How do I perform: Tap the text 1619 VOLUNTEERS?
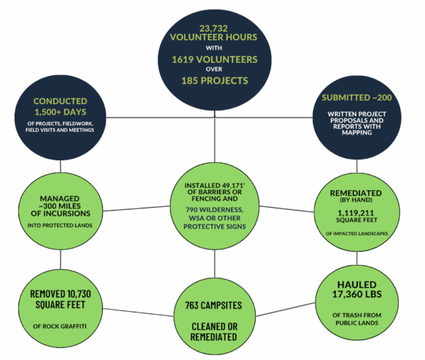pyautogui.click(x=212, y=60)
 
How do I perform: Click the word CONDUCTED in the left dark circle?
pyautogui.click(x=60, y=101)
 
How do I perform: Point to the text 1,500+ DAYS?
pyautogui.click(x=60, y=112)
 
